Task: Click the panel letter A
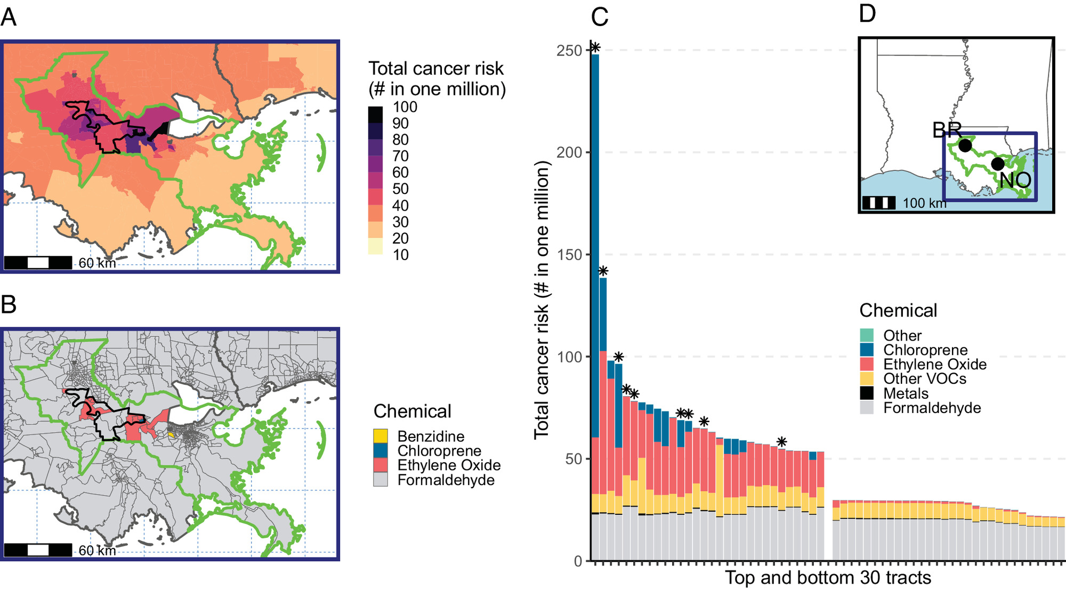(x=9, y=17)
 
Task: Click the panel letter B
(x=9, y=304)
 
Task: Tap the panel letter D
(x=867, y=13)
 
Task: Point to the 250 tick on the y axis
(x=569, y=51)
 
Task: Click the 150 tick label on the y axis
(x=569, y=255)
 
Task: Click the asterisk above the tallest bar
(x=595, y=48)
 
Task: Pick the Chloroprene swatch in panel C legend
(x=867, y=350)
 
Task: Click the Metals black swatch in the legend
(x=867, y=393)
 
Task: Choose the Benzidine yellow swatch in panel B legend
(x=381, y=436)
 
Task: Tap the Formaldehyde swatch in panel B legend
(x=381, y=480)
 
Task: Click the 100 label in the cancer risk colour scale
(x=405, y=107)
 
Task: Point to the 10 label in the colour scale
(x=401, y=255)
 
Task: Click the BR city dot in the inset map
(x=965, y=145)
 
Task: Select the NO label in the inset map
(x=1015, y=180)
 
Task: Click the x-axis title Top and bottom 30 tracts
(x=828, y=578)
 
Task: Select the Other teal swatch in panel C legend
(x=867, y=335)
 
